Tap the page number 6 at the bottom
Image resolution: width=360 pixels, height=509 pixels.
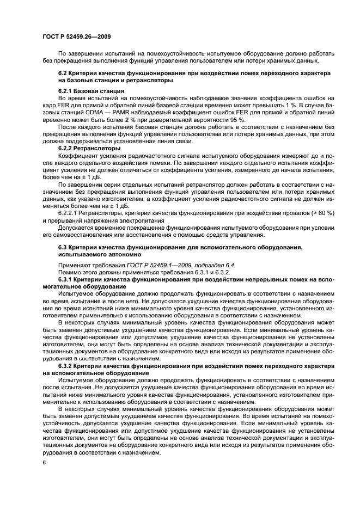43,462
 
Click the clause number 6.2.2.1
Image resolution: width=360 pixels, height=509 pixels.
70,213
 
